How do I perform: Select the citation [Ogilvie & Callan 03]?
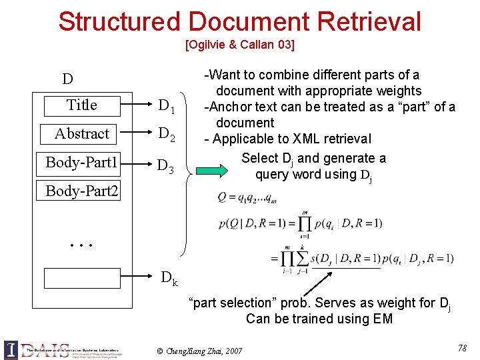239,45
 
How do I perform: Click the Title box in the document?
82,105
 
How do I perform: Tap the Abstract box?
82,134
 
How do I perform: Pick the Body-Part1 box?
82,163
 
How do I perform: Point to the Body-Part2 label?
82,191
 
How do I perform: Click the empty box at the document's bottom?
82,277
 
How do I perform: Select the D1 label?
166,105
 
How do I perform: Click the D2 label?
166,135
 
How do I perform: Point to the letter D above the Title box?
67,79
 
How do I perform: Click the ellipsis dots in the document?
81,245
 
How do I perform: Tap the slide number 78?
463,349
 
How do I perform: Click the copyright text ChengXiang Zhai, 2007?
199,351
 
